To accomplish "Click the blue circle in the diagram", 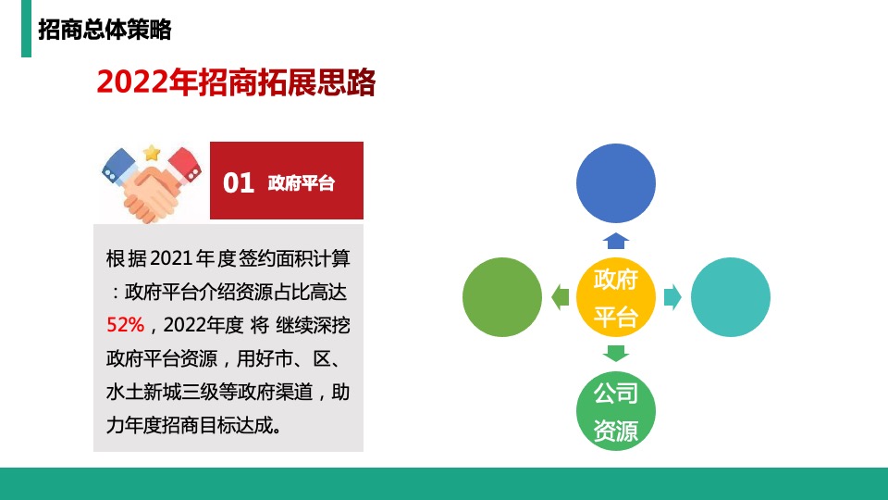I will [616, 183].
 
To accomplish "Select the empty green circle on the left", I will [501, 296].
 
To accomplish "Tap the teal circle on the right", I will [731, 296].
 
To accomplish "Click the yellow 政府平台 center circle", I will [616, 296].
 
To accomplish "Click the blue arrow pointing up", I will [616, 241].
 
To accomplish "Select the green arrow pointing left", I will [560, 296].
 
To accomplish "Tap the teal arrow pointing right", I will [672, 296].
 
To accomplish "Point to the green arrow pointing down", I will [616, 353].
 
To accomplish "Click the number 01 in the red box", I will [239, 183].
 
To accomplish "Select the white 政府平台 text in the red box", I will [301, 183].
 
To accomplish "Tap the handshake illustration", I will [152, 185].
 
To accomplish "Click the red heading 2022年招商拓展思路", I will [236, 82].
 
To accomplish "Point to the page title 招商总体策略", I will [105, 29].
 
